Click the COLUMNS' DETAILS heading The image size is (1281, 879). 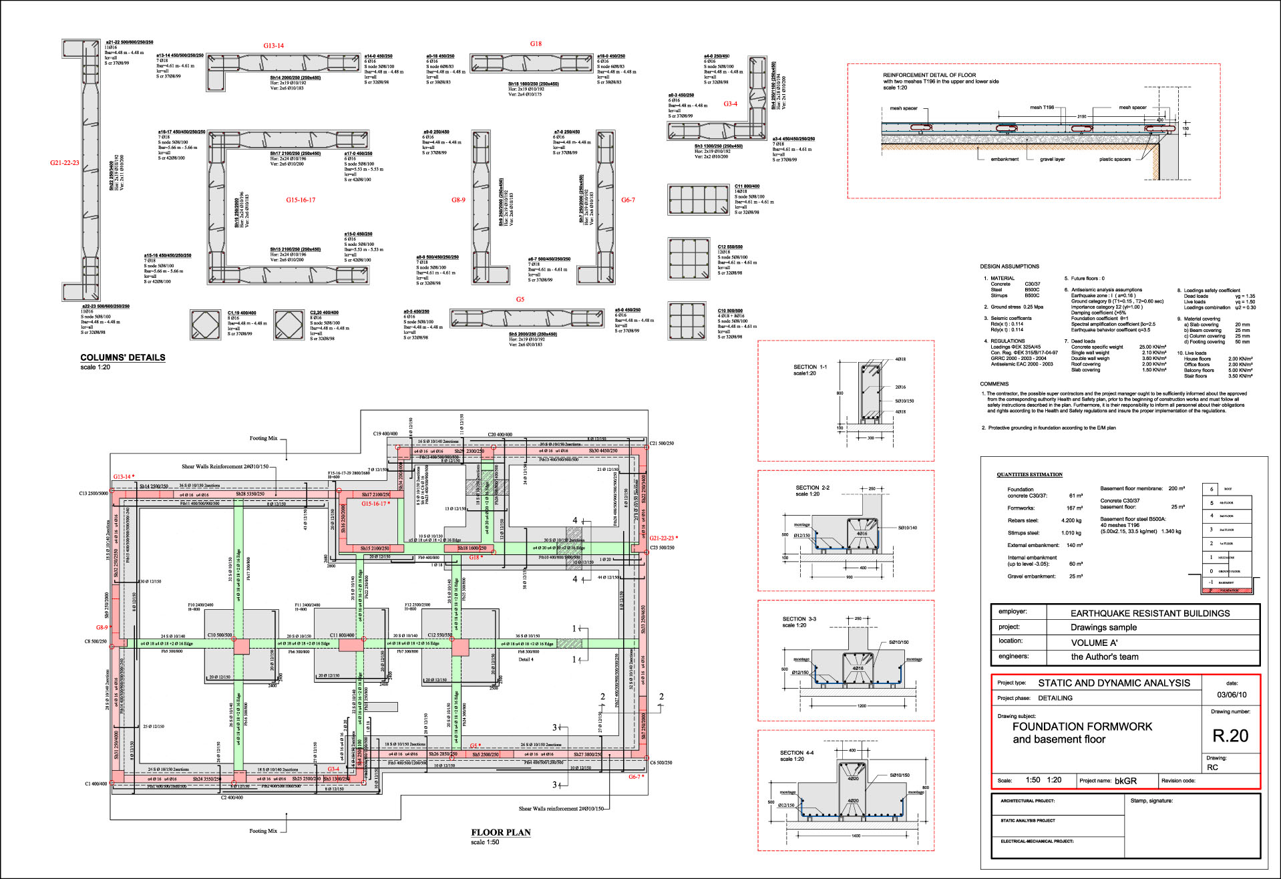pos(123,357)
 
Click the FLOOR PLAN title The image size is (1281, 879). pos(500,832)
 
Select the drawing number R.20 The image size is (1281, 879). pos(1230,736)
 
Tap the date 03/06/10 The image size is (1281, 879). pos(1231,695)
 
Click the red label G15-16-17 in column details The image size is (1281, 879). pos(301,200)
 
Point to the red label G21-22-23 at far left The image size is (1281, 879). pos(64,162)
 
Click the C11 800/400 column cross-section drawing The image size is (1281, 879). pos(698,200)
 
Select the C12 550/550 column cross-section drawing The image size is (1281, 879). pos(689,258)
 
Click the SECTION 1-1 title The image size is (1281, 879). pos(809,367)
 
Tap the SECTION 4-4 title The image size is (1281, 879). pos(797,753)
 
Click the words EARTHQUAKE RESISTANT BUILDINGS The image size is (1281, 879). pos(1149,613)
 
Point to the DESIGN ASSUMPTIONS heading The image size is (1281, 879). pos(1009,267)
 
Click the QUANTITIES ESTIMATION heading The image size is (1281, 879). pos(1029,475)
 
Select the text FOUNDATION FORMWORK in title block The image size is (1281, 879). pos(1082,727)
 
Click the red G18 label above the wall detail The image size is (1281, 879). pos(536,43)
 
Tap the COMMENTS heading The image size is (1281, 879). pos(994,384)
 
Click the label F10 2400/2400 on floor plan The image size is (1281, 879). pos(200,605)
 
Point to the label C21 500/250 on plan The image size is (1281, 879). pos(661,443)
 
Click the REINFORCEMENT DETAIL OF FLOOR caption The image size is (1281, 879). pos(929,75)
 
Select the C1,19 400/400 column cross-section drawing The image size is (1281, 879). pos(205,325)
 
